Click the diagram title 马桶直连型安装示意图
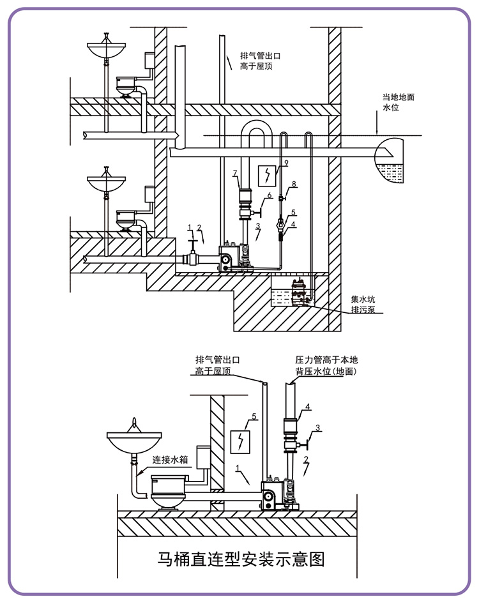click(241, 559)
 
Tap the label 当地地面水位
click(398, 102)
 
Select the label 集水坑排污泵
click(363, 304)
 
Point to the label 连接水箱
click(170, 460)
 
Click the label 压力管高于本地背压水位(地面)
click(326, 366)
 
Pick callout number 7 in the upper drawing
click(235, 173)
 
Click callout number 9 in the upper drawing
click(286, 163)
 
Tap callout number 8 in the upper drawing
click(294, 184)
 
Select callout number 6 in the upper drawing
click(270, 195)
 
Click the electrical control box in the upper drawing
click(268, 176)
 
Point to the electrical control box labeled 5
click(240, 441)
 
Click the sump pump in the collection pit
click(300, 292)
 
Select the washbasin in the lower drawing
click(133, 441)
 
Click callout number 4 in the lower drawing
click(308, 407)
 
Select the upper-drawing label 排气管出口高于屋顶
click(260, 61)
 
